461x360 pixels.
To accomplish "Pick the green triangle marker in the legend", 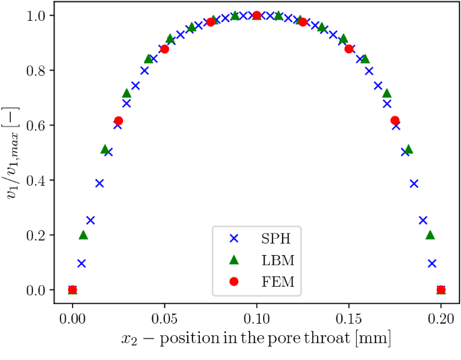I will tap(233, 260).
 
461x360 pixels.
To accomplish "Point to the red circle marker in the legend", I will tap(233, 281).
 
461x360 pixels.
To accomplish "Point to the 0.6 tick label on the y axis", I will tap(36, 125).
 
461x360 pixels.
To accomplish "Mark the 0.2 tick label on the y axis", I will tap(36, 236).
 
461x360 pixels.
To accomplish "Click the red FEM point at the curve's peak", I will tap(256, 15).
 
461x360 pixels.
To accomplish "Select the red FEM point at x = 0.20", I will tap(441, 290).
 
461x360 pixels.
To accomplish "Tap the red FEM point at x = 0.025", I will tap(118, 120).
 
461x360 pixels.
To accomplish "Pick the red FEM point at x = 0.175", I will tap(395, 120).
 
